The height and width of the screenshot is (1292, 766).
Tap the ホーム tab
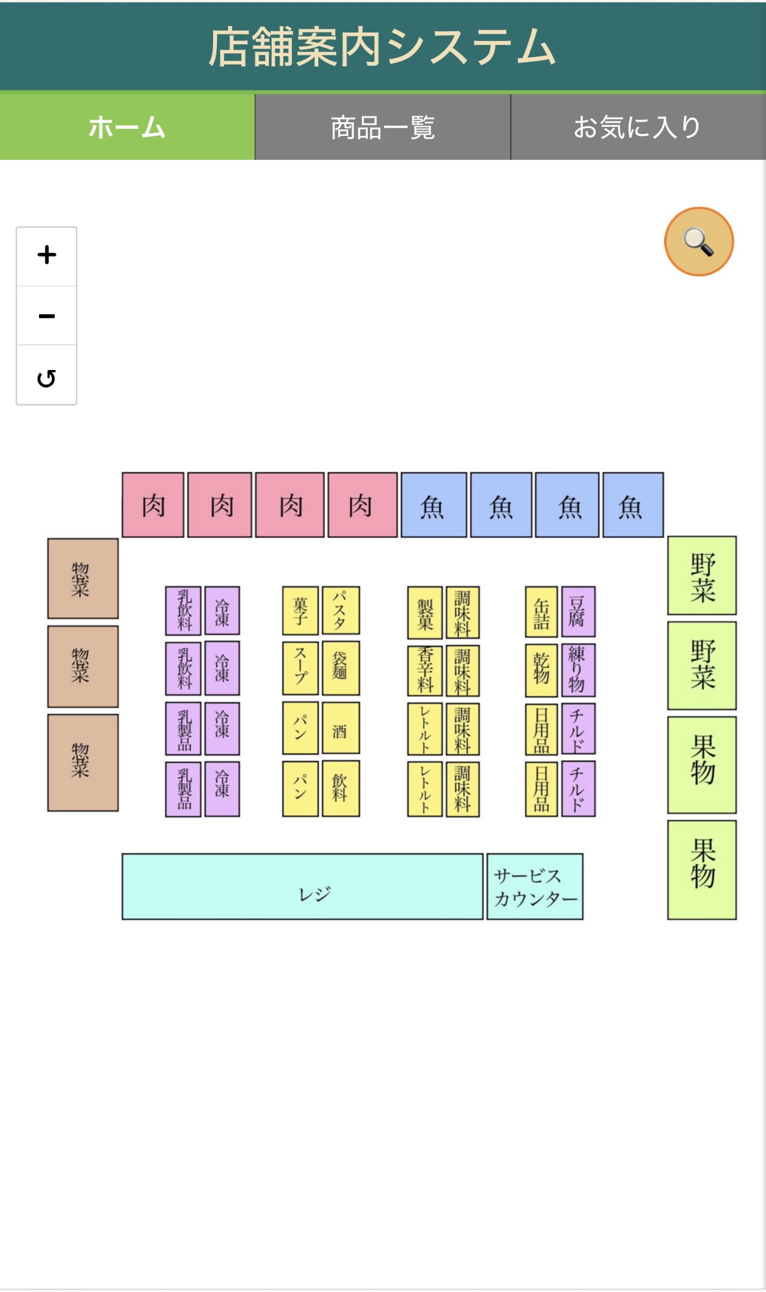[127, 127]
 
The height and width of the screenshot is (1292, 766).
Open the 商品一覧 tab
[383, 127]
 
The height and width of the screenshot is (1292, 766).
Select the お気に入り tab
[637, 127]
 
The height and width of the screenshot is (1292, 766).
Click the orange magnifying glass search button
[698, 242]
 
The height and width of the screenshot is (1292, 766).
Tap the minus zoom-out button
[47, 316]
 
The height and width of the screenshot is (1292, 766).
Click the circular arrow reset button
[47, 377]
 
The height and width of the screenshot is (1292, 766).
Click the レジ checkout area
[302, 886]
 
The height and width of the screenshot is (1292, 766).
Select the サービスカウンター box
[535, 886]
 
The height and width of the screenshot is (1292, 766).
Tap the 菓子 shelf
[300, 611]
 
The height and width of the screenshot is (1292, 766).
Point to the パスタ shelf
[340, 611]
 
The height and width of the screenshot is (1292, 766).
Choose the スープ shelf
[300, 668]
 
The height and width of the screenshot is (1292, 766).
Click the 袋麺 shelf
[340, 668]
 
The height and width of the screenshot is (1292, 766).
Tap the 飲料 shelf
[340, 789]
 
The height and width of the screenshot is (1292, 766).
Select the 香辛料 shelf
[425, 670]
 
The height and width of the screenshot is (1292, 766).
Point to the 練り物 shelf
[578, 670]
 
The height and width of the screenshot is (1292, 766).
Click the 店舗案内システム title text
[382, 47]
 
